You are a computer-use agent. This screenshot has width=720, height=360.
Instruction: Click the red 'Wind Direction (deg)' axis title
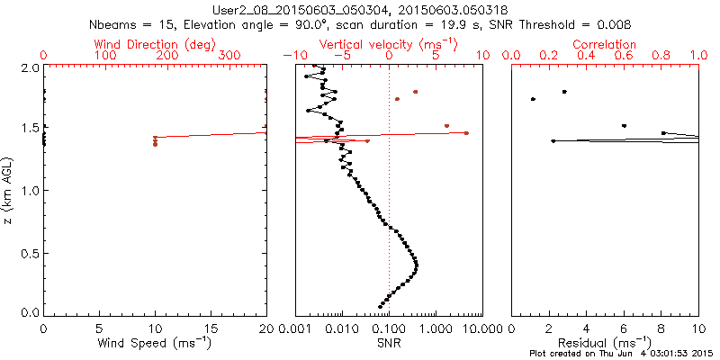pos(155,43)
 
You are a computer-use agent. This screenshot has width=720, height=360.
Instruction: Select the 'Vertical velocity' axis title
pos(389,43)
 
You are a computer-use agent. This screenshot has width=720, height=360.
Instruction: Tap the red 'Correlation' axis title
pos(605,43)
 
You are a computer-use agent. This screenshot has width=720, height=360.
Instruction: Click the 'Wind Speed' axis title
pos(155,344)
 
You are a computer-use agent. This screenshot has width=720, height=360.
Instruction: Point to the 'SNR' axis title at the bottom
pos(389,344)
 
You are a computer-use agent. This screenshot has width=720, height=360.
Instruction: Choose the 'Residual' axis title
pos(605,344)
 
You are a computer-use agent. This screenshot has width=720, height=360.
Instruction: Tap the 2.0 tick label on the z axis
pos(28,67)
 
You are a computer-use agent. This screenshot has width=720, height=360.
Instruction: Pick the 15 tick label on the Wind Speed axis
pos(211,328)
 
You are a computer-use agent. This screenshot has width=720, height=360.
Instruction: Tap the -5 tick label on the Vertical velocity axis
pos(339,56)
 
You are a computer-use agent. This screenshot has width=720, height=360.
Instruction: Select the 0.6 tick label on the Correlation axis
pos(624,56)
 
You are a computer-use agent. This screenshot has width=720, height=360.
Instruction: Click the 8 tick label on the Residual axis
pos(661,328)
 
